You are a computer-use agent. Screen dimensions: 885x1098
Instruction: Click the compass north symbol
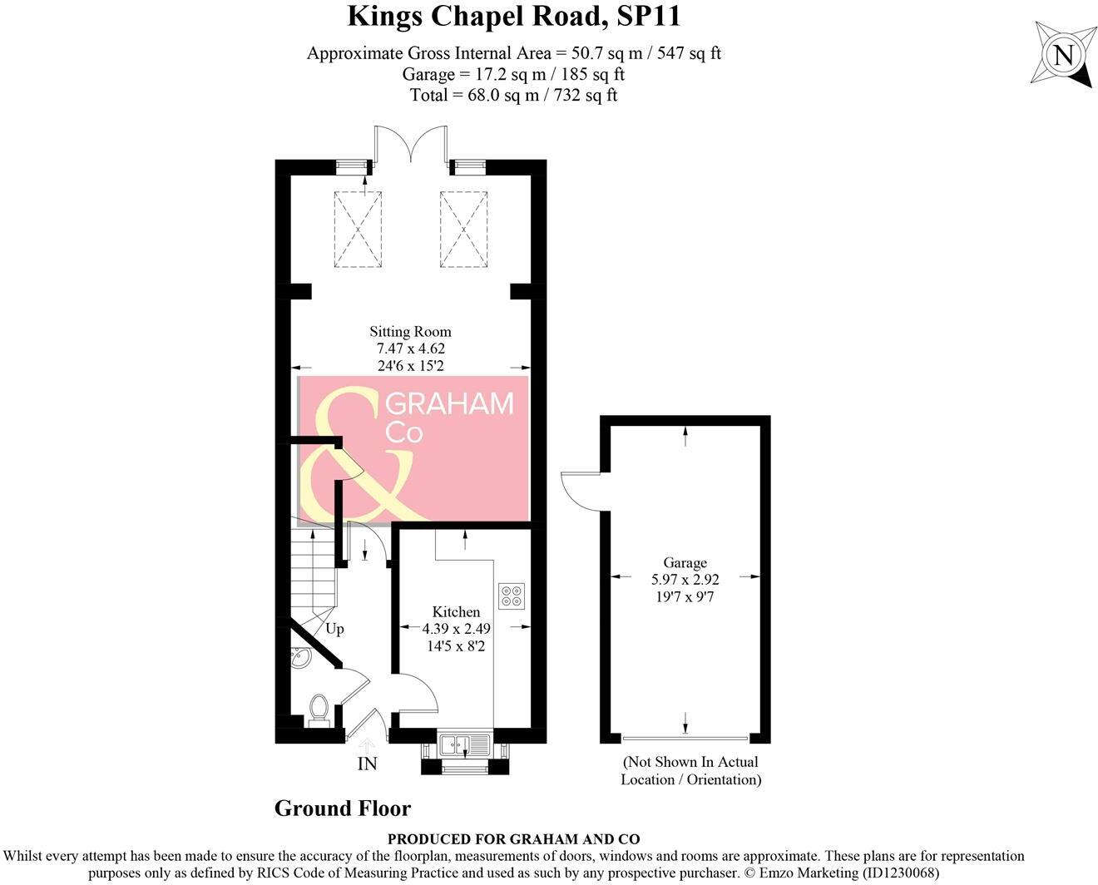tap(1062, 56)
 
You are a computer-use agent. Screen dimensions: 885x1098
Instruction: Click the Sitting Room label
tap(410, 331)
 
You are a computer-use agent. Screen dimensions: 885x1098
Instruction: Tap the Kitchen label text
tap(456, 611)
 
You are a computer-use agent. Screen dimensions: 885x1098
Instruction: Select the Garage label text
tap(685, 562)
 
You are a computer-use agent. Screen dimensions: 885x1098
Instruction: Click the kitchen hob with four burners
tap(512, 596)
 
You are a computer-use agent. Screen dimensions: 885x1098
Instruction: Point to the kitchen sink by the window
tap(465, 744)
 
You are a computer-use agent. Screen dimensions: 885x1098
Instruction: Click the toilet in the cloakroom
tap(318, 709)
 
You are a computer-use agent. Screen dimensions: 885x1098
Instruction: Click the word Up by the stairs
tap(334, 629)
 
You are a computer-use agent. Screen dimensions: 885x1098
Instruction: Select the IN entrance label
tap(367, 764)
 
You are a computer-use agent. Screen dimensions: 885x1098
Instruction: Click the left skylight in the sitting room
tap(358, 229)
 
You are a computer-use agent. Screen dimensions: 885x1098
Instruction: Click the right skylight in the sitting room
tap(463, 229)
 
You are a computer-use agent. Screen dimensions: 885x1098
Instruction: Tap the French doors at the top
tap(411, 143)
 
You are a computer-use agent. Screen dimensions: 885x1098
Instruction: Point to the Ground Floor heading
tap(343, 808)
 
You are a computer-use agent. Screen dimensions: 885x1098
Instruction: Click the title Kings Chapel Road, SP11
tap(513, 16)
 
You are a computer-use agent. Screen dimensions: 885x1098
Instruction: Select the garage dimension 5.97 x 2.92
tap(685, 579)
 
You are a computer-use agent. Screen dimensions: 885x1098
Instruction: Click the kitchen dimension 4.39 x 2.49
tap(456, 629)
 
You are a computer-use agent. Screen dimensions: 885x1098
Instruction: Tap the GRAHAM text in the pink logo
tap(450, 404)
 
